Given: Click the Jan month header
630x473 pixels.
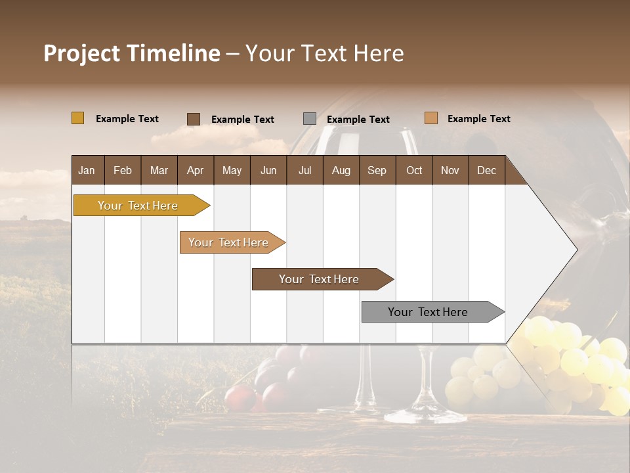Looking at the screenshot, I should [87, 170].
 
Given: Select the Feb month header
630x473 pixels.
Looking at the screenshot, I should [123, 170].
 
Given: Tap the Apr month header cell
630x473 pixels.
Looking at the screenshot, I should [195, 170].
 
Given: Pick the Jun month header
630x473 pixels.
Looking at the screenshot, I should [268, 170].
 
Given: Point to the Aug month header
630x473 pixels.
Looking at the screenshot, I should [341, 170].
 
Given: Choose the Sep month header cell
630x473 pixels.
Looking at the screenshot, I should [377, 170].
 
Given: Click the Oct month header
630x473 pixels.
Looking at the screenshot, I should [414, 170].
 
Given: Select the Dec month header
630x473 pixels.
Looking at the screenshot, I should [486, 170].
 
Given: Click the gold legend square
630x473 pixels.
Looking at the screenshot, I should [77, 118].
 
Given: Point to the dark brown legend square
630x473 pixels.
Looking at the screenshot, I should [194, 119].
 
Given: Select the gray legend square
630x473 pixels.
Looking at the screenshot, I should [310, 119].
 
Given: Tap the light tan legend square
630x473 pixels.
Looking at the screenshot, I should [431, 118].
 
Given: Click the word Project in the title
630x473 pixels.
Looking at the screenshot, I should [81, 53].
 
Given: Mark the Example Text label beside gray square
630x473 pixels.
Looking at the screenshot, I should [358, 120].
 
